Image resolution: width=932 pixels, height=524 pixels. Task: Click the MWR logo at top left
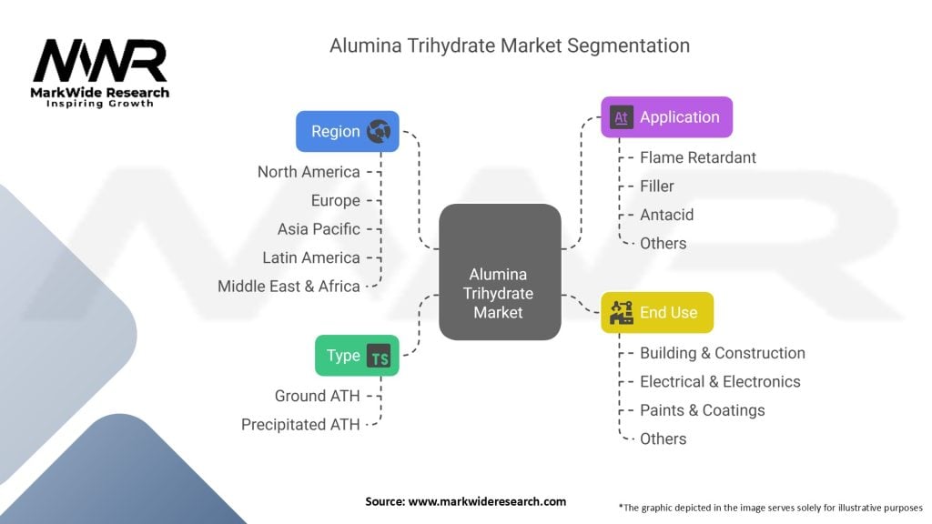(100, 71)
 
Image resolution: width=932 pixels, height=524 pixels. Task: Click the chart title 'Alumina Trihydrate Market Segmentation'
(509, 45)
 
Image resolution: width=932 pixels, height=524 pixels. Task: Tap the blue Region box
(347, 131)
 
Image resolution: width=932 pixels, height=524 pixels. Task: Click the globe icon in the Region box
(378, 132)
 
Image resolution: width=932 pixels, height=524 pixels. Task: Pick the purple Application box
(666, 116)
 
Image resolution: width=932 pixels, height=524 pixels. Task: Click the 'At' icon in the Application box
(623, 117)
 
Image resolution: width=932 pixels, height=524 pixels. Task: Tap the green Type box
(356, 356)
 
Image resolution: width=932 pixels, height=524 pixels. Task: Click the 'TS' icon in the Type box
(379, 357)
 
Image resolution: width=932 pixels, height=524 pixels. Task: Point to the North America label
(309, 171)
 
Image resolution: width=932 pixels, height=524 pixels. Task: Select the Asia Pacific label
(319, 228)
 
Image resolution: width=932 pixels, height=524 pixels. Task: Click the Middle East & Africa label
(289, 286)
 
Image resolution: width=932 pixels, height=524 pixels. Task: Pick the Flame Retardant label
(697, 157)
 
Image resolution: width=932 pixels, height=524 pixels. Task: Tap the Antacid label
(666, 215)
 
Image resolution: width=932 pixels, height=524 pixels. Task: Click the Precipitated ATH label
(300, 424)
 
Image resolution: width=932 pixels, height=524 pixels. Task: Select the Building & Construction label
(722, 353)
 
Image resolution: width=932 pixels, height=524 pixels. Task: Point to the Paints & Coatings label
(702, 410)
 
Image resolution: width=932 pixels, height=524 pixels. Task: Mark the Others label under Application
(663, 243)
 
